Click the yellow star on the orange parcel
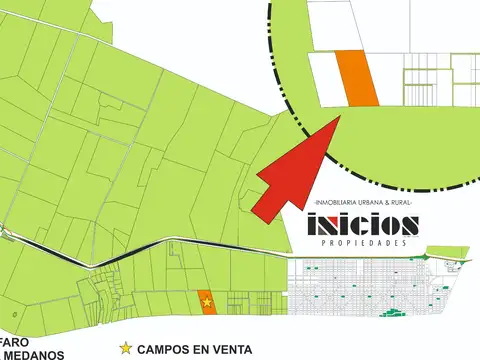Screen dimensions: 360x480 207,301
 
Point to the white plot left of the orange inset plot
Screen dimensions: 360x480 322,77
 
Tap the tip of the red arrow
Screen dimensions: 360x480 341,116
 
